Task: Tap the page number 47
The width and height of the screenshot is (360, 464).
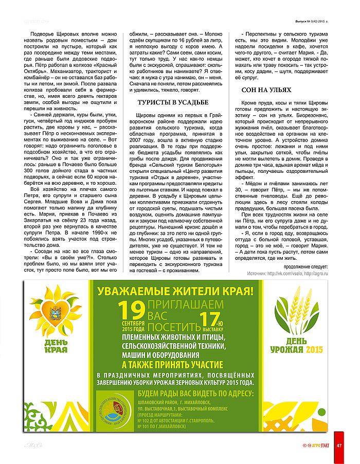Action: [x=339, y=444]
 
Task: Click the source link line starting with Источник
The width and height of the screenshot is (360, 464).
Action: [x=286, y=274]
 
